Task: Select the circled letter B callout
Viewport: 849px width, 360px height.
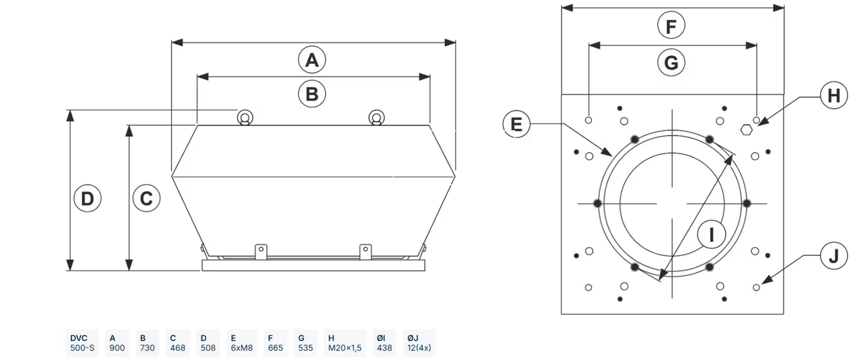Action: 312,94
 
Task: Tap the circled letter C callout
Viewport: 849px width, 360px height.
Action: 146,199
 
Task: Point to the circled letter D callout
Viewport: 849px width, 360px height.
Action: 87,199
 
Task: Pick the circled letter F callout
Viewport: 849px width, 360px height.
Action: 671,26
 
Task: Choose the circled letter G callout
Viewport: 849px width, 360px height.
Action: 671,62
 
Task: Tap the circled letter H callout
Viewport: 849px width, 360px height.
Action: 834,96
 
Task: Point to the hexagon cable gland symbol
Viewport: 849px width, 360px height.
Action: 746,130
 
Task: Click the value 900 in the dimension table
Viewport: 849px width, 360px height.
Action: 117,348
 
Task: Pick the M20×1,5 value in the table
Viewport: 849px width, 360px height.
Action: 345,348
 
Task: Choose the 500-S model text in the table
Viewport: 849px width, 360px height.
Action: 82,348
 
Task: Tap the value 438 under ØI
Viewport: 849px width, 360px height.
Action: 384,348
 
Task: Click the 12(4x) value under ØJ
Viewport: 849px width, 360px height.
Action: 420,348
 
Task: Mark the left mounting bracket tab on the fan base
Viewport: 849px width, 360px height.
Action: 260,250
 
